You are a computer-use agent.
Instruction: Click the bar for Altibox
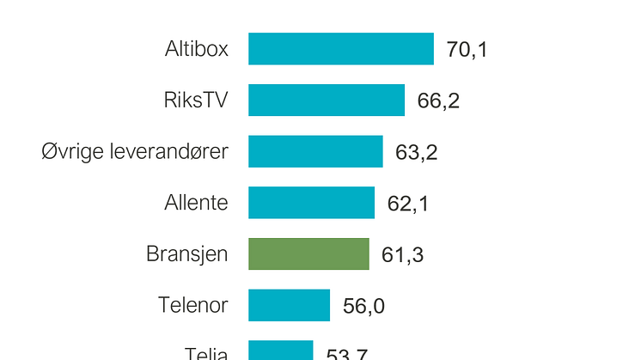pyautogui.click(x=341, y=49)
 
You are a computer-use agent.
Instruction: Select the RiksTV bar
pyautogui.click(x=327, y=101)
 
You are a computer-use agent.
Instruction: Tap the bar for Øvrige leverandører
pyautogui.click(x=315, y=151)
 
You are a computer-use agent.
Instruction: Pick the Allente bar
pyautogui.click(x=311, y=203)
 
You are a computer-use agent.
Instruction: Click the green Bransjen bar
pyautogui.click(x=308, y=254)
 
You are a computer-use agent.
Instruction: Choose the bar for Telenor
pyautogui.click(x=289, y=305)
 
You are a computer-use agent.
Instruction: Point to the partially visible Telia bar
pyautogui.click(x=280, y=351)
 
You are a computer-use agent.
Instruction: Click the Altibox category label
pyautogui.click(x=197, y=49)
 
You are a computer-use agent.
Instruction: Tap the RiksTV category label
pyautogui.click(x=196, y=101)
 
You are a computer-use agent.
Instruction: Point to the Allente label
pyautogui.click(x=197, y=203)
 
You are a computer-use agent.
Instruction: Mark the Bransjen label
pyautogui.click(x=187, y=254)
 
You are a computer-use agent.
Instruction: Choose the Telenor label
pyautogui.click(x=193, y=305)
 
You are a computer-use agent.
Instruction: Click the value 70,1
pyautogui.click(x=467, y=50)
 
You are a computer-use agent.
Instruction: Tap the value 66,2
pyautogui.click(x=438, y=101)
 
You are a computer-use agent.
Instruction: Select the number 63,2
pyautogui.click(x=416, y=152)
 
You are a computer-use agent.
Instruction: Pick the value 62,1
pyautogui.click(x=408, y=204)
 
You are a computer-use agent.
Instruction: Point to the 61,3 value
pyautogui.click(x=402, y=255)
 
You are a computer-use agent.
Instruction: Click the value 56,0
pyautogui.click(x=363, y=306)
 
